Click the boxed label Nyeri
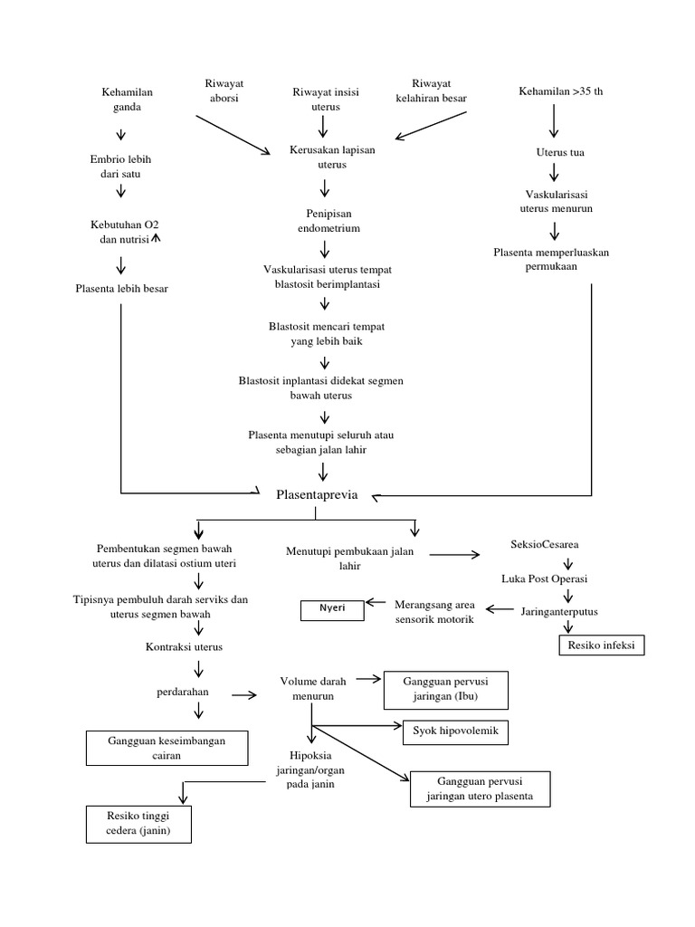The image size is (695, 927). tap(332, 611)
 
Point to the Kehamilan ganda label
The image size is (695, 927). tap(128, 100)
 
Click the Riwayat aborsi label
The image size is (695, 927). tap(226, 91)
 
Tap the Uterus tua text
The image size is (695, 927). tap(560, 152)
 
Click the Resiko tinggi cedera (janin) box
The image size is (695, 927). tap(138, 824)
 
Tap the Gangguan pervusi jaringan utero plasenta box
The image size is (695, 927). tap(480, 788)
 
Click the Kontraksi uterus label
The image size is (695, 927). tap(184, 647)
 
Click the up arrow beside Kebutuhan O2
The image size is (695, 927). tap(156, 238)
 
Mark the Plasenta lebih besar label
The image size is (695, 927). tap(122, 288)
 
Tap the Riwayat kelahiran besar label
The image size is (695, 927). tap(431, 91)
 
